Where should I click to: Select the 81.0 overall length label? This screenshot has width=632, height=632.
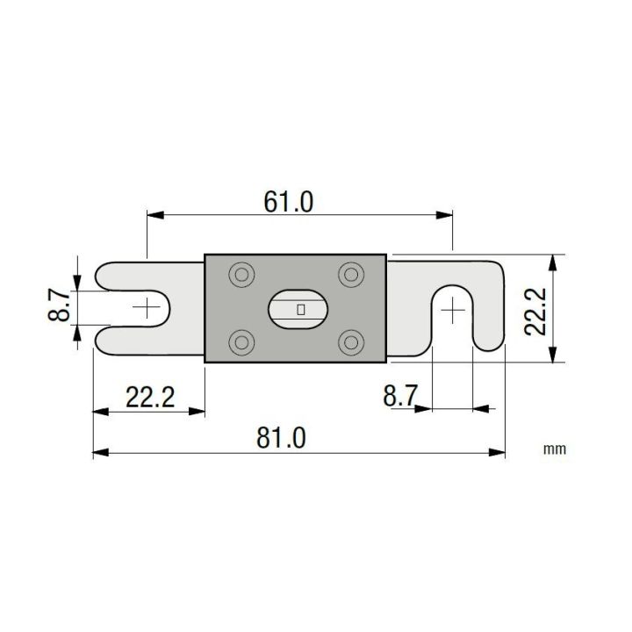click(x=283, y=436)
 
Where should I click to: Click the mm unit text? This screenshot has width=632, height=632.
click(x=554, y=449)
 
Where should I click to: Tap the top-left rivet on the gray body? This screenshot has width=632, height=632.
click(x=240, y=276)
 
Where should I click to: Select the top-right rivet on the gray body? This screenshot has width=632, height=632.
click(x=352, y=276)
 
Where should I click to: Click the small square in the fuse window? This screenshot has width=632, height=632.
click(x=300, y=309)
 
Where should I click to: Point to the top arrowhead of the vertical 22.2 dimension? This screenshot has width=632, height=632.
click(x=552, y=261)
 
